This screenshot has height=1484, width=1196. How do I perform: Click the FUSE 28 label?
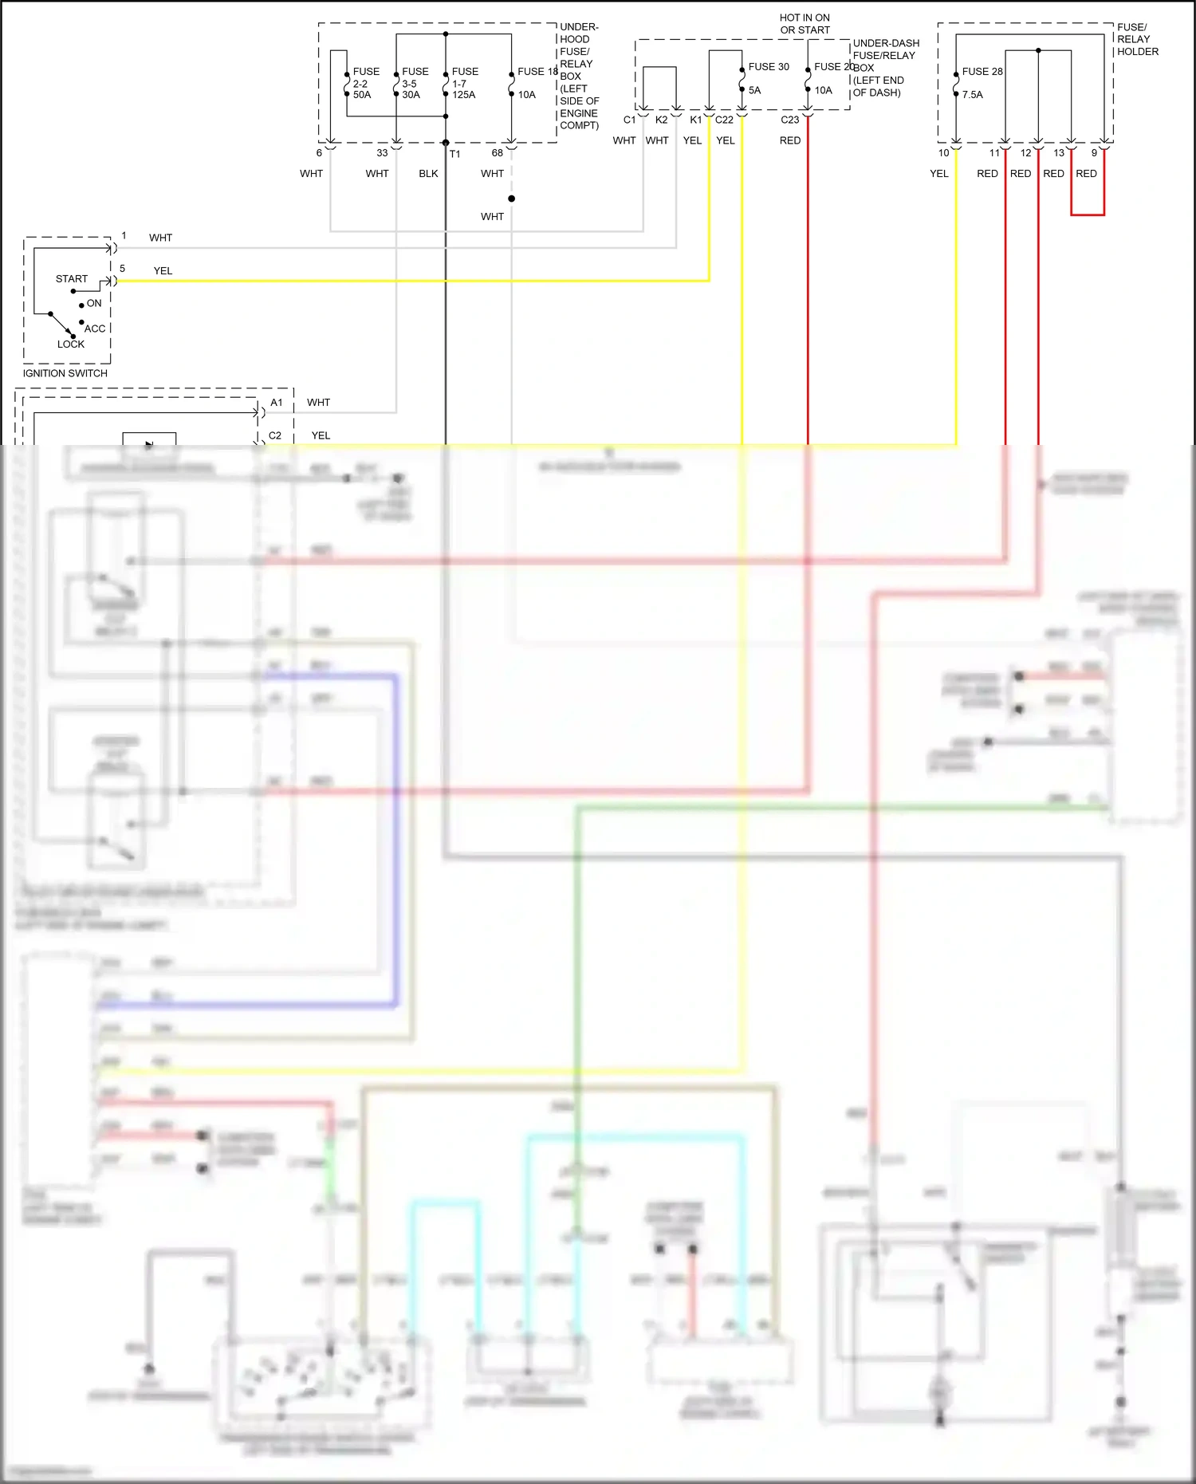point(982,72)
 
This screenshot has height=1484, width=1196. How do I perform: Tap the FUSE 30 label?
point(768,67)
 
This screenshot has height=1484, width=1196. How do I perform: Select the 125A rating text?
point(463,95)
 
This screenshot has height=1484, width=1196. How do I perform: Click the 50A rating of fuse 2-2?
point(362,95)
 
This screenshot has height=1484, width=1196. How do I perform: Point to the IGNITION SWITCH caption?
point(65,373)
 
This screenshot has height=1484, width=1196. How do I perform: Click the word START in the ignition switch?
point(72,279)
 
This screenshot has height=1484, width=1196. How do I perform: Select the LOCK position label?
point(70,344)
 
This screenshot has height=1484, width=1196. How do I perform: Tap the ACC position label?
point(95,329)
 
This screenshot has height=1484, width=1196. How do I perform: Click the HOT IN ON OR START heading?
point(805,24)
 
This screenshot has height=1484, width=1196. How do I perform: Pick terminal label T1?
point(454,154)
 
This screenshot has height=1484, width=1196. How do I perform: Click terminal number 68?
point(497,153)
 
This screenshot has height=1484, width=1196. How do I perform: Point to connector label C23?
point(789,120)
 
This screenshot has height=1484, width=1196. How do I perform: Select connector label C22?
point(724,120)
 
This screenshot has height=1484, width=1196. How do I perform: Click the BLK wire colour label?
point(428,174)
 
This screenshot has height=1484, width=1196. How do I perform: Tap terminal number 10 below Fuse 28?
point(943,153)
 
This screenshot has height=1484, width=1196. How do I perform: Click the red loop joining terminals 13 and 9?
point(1088,215)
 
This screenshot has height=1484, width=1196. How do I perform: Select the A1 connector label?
point(276,403)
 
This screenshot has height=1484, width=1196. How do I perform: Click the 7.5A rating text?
point(972,95)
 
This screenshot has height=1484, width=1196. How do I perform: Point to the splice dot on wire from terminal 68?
point(511,199)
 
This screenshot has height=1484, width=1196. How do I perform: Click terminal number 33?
point(382,153)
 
